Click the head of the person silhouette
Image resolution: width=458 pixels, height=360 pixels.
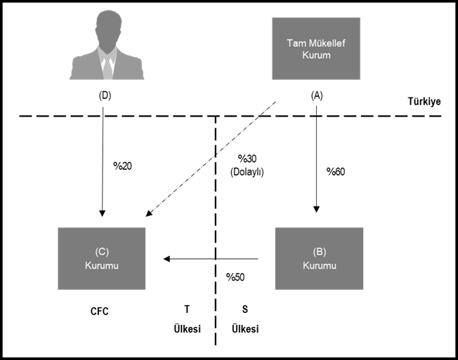(107, 27)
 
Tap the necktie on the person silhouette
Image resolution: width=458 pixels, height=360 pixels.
(107, 67)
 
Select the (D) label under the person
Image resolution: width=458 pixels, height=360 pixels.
(105, 95)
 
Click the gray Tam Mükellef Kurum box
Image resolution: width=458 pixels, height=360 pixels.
(316, 48)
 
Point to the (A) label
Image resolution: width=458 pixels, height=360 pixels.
(316, 95)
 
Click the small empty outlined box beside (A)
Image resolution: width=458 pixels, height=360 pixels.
(424, 102)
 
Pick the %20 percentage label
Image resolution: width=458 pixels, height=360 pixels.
(122, 166)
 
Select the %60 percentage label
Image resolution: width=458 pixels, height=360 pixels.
(335, 171)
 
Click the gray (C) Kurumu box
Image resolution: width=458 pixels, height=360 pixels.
(102, 258)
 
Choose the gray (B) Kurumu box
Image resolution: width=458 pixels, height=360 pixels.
(319, 258)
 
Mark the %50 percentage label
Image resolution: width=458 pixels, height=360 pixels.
(235, 276)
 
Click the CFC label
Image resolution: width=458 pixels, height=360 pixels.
(99, 311)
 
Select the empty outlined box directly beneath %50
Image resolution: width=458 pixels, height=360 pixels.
(245, 319)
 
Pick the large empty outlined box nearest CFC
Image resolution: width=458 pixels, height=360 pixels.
(188, 319)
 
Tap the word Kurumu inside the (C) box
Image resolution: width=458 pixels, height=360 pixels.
(102, 265)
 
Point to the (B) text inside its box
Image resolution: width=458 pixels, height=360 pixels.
(319, 252)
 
